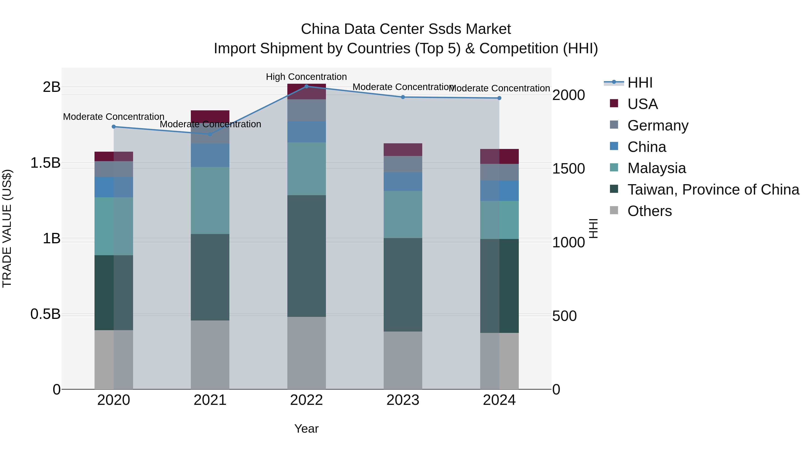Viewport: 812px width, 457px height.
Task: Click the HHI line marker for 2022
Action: click(x=306, y=86)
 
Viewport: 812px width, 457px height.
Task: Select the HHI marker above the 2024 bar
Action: click(x=499, y=98)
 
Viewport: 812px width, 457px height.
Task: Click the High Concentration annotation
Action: click(x=306, y=77)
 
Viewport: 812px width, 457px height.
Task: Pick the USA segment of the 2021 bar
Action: click(x=210, y=116)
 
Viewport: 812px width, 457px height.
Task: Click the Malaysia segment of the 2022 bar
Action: click(x=306, y=169)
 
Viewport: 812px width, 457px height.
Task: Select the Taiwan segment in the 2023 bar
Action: click(x=403, y=285)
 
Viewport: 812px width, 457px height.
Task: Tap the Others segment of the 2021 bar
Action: click(x=210, y=355)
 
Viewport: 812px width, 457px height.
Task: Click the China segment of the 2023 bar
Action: click(x=403, y=181)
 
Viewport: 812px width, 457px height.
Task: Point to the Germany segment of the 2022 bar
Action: click(x=306, y=110)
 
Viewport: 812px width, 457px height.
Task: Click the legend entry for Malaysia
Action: click(x=656, y=168)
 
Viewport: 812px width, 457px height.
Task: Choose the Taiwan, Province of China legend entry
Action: click(x=713, y=190)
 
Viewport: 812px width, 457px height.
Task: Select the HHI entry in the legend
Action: click(x=640, y=83)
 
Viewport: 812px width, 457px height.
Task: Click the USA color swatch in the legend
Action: click(x=614, y=103)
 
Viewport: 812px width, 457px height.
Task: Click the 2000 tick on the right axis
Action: click(x=569, y=95)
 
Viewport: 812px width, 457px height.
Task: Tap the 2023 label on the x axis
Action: click(x=403, y=400)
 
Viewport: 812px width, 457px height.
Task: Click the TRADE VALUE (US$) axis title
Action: click(x=7, y=228)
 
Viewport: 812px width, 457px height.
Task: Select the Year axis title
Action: click(x=306, y=429)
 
